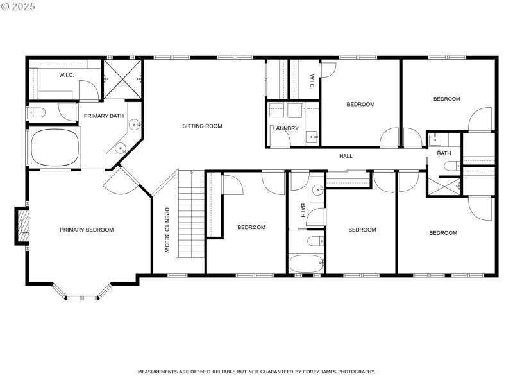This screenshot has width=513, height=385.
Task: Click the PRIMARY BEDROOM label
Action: (x=87, y=230)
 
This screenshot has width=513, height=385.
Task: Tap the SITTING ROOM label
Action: (x=202, y=126)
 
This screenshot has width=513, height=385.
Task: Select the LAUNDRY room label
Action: (x=285, y=128)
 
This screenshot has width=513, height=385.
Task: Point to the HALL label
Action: (x=346, y=156)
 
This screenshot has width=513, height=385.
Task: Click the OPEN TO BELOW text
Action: (x=167, y=230)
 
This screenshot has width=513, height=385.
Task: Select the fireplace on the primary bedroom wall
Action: (x=23, y=226)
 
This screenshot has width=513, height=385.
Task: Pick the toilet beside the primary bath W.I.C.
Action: (x=37, y=113)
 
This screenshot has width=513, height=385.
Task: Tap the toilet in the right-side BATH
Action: (x=451, y=167)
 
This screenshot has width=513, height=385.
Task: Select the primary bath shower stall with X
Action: (x=122, y=79)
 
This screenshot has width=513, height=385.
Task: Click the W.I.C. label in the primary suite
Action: (x=66, y=75)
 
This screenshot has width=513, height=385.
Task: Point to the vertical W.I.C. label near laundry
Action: (x=311, y=81)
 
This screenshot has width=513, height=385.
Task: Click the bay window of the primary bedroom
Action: (x=81, y=297)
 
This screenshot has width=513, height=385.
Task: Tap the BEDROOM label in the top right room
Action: (x=446, y=99)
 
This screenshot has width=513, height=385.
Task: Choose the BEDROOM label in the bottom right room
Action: (x=442, y=233)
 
